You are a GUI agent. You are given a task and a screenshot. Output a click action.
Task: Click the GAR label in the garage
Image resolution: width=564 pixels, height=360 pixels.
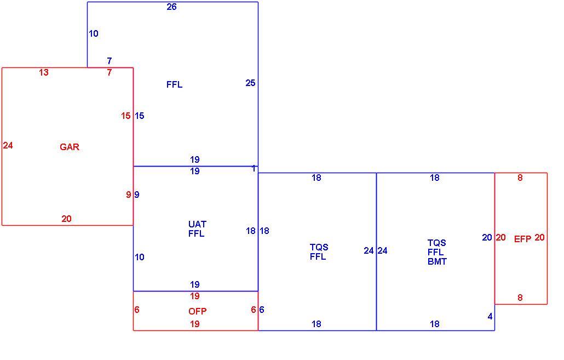pos(70,147)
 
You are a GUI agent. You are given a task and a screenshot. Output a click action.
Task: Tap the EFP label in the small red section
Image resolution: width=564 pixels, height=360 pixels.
pos(522,239)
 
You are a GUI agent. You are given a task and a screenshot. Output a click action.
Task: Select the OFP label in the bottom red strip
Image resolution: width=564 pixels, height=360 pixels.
pos(198,311)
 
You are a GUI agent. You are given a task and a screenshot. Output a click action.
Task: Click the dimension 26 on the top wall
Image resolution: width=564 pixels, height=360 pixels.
pos(171,7)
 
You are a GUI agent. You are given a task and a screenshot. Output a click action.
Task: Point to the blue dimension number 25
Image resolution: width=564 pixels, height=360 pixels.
pos(250,83)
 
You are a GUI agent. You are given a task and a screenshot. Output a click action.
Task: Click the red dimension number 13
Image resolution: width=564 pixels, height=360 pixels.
pos(43,73)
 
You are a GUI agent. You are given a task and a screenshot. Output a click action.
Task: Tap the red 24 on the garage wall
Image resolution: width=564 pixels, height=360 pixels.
pos(8,145)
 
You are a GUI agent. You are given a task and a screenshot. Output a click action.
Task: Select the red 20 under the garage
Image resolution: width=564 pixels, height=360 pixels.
pos(66,219)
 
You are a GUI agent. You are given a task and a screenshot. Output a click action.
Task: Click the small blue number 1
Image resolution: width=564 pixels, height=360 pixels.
pos(254,168)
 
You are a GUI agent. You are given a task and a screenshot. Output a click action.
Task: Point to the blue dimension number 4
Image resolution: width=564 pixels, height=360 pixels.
pos(490,317)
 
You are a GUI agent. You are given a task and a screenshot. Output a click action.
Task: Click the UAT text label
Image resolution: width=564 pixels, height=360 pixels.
pos(197,224)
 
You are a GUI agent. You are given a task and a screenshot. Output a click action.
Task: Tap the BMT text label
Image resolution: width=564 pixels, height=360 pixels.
pos(437,262)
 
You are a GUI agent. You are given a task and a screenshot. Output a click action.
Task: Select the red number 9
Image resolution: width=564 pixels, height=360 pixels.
pos(129,195)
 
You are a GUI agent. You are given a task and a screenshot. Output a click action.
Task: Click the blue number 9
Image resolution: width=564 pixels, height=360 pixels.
pos(137,195)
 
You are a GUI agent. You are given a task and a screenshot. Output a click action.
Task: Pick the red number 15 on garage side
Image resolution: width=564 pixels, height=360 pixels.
pos(125,116)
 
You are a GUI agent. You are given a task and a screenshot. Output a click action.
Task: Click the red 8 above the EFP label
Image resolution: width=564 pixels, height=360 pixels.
pos(520,178)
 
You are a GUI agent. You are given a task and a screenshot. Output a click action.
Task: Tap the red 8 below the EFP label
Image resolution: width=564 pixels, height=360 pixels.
pos(520,298)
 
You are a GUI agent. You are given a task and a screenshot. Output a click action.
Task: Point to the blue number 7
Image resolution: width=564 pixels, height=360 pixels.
pos(110,61)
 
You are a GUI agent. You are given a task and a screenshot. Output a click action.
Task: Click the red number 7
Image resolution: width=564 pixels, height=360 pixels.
pos(110,73)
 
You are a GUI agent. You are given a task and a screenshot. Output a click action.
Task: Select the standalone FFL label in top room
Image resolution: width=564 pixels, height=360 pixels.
pos(175,84)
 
